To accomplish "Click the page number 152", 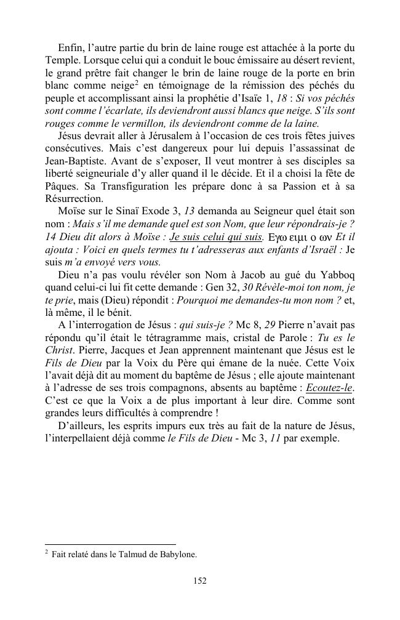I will pos(199,581).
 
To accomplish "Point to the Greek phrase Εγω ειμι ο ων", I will pos(298,237).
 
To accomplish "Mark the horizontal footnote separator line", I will pos(111,544).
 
